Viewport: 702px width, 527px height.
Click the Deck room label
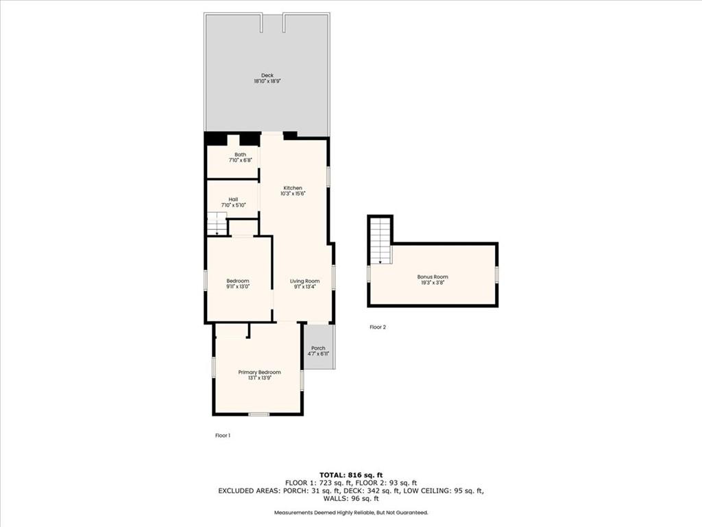[x=267, y=75]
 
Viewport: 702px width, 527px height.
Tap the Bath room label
[x=241, y=154]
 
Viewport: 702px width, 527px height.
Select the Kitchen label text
[x=293, y=188]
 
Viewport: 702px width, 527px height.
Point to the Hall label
[x=233, y=200]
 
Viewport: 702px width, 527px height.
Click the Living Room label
[x=305, y=281]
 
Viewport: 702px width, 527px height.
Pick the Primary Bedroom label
[x=260, y=373]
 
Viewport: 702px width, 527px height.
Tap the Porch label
[x=318, y=348]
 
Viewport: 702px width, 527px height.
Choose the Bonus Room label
[x=433, y=277]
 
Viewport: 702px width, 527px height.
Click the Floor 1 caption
[x=223, y=435]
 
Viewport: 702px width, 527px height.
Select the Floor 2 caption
[x=378, y=327]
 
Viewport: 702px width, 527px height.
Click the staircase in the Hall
[x=217, y=223]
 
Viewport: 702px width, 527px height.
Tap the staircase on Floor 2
[x=380, y=241]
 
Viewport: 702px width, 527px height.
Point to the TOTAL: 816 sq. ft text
[x=351, y=475]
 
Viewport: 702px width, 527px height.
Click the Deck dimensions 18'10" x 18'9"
[x=267, y=82]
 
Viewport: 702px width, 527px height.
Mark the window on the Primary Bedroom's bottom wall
[x=258, y=414]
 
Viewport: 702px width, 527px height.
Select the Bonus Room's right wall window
[x=497, y=274]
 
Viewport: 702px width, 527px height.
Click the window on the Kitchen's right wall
[x=328, y=176]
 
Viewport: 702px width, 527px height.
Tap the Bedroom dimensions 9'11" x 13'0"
[x=238, y=287]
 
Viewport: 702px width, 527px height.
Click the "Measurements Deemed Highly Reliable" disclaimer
[x=350, y=512]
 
